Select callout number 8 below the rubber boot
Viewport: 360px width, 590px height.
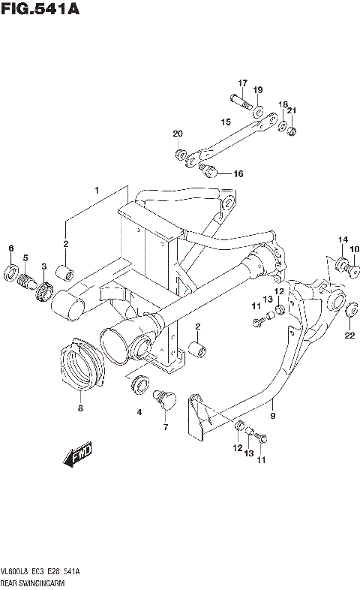[81, 408]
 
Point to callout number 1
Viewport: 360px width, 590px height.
[96, 191]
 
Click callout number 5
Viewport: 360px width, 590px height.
[25, 258]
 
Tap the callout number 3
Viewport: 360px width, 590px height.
[44, 266]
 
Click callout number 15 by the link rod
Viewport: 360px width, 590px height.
[225, 121]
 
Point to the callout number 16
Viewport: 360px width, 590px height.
[238, 173]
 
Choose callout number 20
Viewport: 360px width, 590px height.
[178, 134]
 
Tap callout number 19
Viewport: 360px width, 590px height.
[257, 90]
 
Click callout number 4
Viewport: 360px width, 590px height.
[138, 412]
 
